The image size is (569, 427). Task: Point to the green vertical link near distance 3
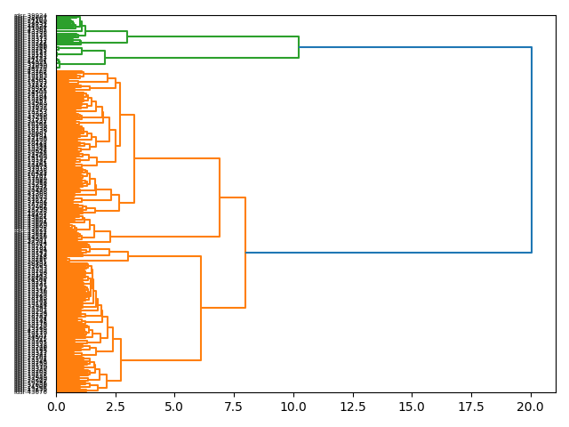[x=127, y=37]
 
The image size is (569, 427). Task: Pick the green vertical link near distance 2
[x=105, y=58]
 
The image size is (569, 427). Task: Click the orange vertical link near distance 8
[x=245, y=253]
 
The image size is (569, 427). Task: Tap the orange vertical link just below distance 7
[x=220, y=197]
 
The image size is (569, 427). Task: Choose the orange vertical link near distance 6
[x=201, y=308]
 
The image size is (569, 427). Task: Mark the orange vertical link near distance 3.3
[x=134, y=158]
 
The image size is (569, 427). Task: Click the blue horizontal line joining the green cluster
[x=415, y=47]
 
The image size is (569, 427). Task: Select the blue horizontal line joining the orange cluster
[x=389, y=253]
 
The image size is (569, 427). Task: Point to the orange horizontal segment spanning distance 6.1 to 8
[x=223, y=308]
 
